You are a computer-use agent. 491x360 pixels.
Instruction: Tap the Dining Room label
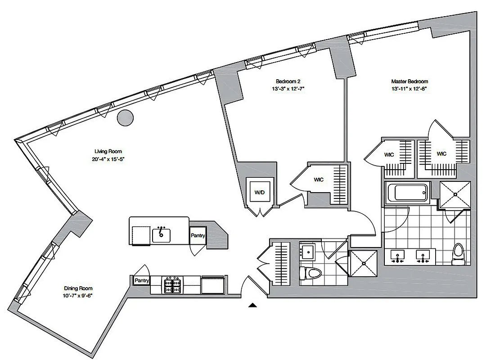coord(77,288)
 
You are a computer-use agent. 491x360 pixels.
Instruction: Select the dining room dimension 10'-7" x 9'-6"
coord(77,296)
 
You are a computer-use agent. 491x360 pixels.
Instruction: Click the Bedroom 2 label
coord(288,81)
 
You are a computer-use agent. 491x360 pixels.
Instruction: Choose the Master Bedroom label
coord(409,81)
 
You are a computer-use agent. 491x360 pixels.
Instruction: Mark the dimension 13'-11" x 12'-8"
coord(409,89)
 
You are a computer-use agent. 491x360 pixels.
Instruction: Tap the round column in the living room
coord(125,118)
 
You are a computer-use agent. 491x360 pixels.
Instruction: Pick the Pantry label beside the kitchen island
coord(198,235)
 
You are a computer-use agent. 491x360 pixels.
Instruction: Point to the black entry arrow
coord(253,306)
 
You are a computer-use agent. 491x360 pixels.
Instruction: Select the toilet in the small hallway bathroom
coord(311,273)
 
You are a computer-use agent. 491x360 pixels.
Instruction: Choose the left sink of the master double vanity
coord(397,256)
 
